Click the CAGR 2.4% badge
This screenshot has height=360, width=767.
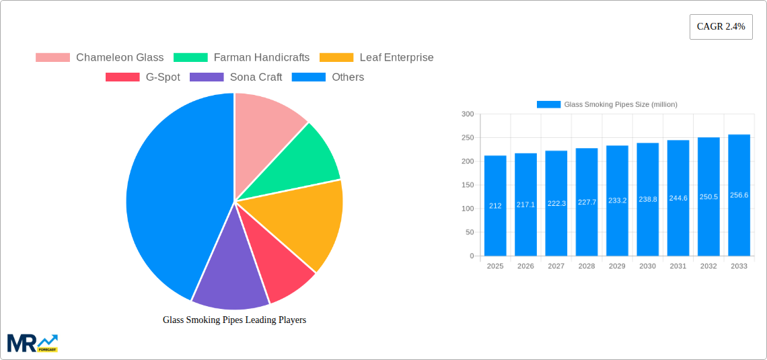coord(721,27)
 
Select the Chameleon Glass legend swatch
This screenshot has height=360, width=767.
coord(52,58)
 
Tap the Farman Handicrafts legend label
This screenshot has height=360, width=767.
coord(261,58)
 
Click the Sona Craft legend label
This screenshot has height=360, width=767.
coord(256,77)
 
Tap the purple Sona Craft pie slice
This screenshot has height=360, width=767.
coord(229,276)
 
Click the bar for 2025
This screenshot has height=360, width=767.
coord(495,205)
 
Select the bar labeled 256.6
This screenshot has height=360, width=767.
coord(739,195)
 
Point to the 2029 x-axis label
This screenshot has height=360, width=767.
coord(617,266)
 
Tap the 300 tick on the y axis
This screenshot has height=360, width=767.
coord(467,114)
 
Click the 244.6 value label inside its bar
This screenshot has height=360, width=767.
coord(678,199)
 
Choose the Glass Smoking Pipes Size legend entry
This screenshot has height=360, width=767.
coord(607,104)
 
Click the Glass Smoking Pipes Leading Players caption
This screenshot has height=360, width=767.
coord(234,320)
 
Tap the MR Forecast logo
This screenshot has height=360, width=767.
coord(32,343)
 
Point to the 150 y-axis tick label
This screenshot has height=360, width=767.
coord(467,185)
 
